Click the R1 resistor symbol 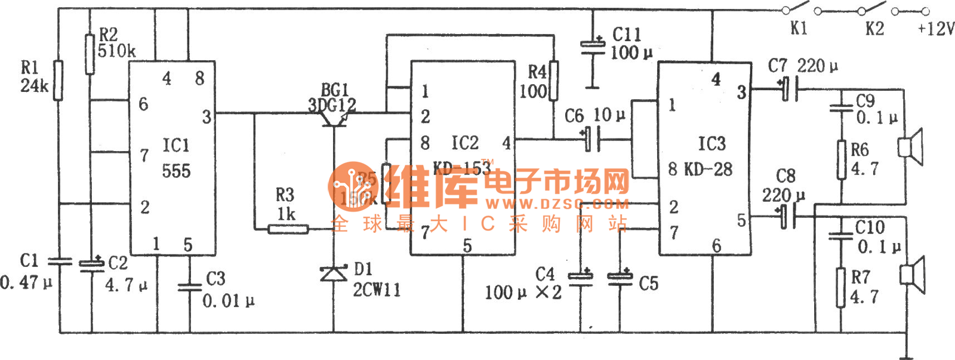(58, 80)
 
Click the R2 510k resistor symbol (90, 54)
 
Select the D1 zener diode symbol (334, 274)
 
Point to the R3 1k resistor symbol (288, 229)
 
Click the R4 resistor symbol (554, 80)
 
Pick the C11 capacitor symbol (593, 46)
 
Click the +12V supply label (935, 29)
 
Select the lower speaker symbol (913, 275)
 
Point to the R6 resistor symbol (842, 159)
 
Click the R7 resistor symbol (841, 287)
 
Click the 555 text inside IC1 (176, 171)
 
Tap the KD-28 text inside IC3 (708, 170)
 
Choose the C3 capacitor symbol (190, 287)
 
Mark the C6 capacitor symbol (592, 140)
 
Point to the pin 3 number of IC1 (207, 117)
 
